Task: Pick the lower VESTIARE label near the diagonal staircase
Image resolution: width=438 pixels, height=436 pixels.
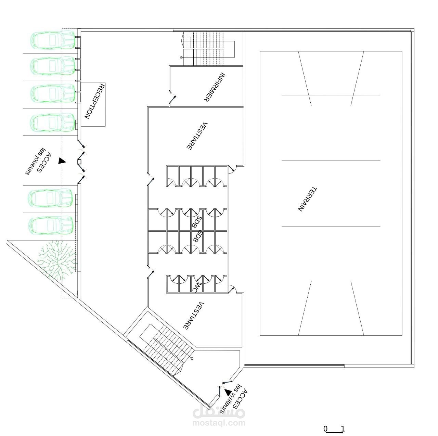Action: [x=193, y=316]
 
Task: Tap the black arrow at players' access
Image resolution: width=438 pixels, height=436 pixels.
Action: [x=61, y=161]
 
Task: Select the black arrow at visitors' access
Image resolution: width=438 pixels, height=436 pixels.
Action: [x=228, y=392]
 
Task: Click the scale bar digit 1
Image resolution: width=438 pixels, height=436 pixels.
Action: [x=343, y=429]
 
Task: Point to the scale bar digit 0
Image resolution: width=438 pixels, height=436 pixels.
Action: [x=325, y=429]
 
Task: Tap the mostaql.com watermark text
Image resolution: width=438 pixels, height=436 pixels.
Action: [x=219, y=423]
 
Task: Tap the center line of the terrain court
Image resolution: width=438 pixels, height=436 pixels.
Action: [x=331, y=161]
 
